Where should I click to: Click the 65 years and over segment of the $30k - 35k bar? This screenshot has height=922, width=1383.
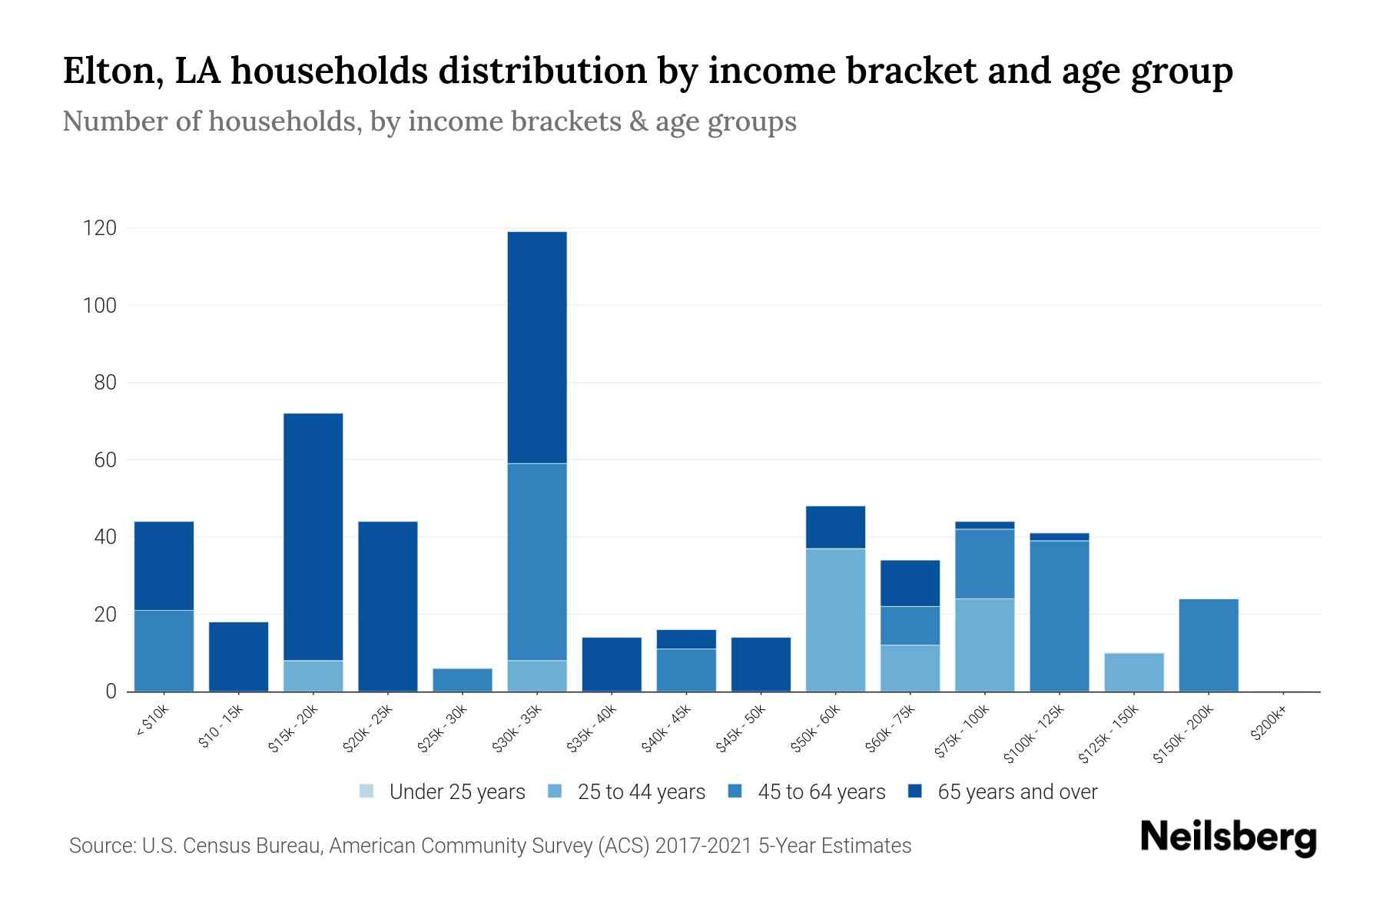pos(537,347)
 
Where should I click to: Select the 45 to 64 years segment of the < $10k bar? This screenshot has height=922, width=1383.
pos(164,651)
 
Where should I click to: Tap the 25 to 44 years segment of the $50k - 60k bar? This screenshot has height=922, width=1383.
pos(835,620)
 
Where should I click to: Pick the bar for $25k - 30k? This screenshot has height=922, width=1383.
pos(463,680)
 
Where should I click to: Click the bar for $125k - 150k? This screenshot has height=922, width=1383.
pos(1133,672)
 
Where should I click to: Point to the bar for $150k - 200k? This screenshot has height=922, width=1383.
pos(1208,645)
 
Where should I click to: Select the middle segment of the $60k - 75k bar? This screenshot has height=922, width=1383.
pos(910,625)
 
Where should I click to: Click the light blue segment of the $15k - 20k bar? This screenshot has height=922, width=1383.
pos(313,676)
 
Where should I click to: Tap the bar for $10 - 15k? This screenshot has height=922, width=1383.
pos(238,657)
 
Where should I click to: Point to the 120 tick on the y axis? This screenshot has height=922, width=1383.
pos(100,228)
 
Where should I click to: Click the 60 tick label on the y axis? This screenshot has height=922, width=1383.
pos(104,459)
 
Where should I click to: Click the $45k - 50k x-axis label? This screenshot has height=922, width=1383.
pos(740,729)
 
